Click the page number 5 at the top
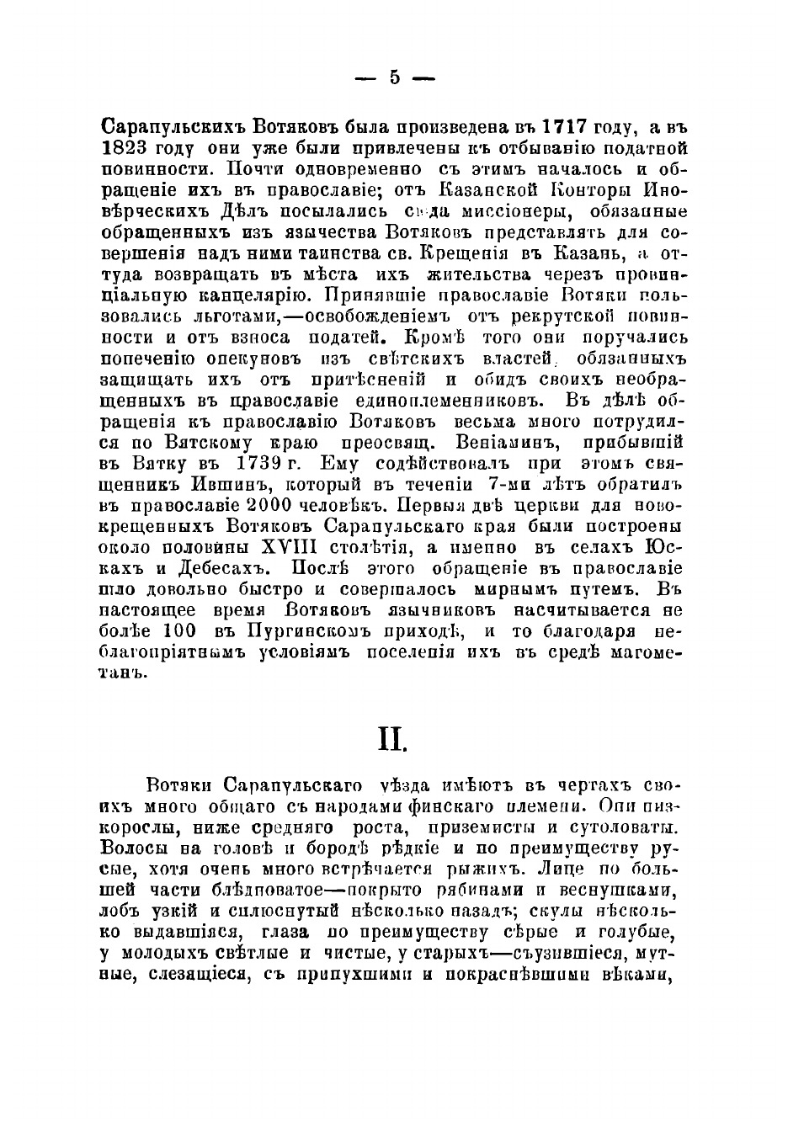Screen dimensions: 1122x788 tap(394, 78)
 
